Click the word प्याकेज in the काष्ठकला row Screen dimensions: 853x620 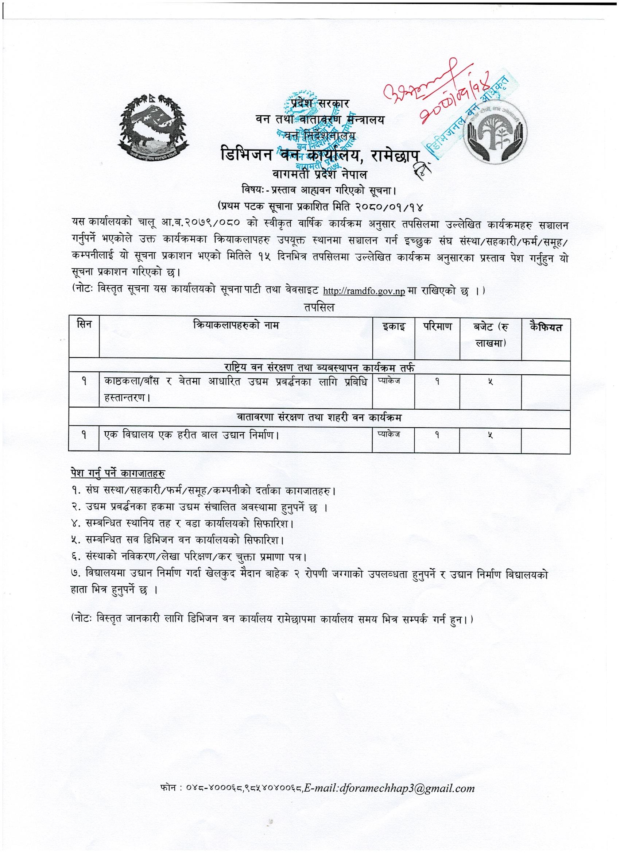389,380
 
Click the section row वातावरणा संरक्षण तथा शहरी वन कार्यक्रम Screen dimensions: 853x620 318,417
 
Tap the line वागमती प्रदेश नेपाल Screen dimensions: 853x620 319,175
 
